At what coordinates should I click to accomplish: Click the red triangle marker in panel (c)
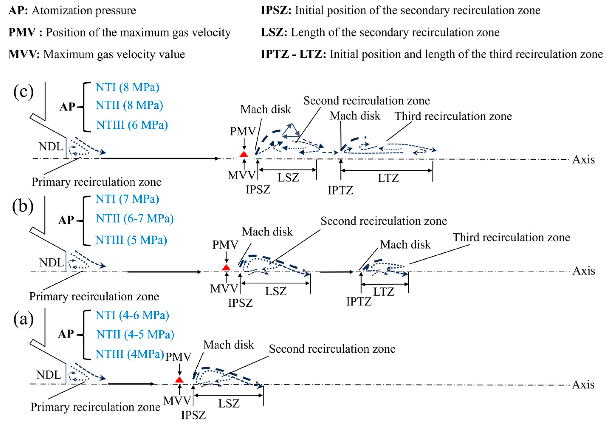point(244,154)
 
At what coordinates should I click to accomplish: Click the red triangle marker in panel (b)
point(226,267)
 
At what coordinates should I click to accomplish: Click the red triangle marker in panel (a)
point(179,380)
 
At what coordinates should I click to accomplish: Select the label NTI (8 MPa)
point(127,87)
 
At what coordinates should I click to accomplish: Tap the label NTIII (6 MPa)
point(132,125)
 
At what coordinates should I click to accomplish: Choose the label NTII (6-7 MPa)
point(135,218)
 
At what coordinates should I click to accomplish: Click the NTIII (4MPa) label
point(130,354)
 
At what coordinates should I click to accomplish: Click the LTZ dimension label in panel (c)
point(388,178)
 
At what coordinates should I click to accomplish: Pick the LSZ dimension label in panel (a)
point(229,404)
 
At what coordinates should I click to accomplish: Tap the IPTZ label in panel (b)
point(359,302)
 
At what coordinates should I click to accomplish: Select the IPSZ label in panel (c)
point(258,190)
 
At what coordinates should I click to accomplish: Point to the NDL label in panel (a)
point(49,375)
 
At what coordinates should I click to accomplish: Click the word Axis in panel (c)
point(584,160)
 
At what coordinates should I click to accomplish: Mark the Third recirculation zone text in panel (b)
point(511,237)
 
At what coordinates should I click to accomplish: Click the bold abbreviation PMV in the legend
point(22,32)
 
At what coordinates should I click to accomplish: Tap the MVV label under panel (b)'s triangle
point(224,289)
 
